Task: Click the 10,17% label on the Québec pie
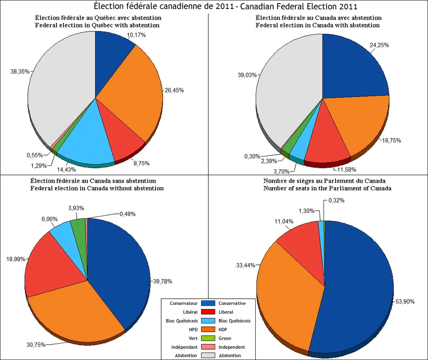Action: click(136, 35)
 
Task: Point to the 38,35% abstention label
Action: click(20, 72)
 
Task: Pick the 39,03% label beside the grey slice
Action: click(247, 75)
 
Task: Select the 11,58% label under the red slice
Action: click(347, 170)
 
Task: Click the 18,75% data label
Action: click(391, 140)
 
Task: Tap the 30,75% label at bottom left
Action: click(36, 345)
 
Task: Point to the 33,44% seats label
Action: click(246, 265)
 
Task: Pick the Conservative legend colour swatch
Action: click(208, 303)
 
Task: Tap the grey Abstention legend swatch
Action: click(208, 355)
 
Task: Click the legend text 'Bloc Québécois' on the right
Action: click(234, 321)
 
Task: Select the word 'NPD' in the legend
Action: click(193, 329)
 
